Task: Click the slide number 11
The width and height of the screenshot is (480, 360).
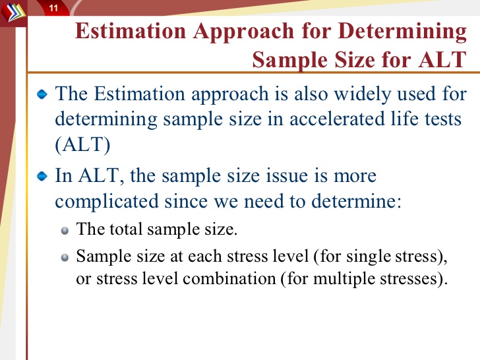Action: (x=53, y=8)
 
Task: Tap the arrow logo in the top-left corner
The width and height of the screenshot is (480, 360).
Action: (x=13, y=12)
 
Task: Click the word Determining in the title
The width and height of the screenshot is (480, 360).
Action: (x=403, y=32)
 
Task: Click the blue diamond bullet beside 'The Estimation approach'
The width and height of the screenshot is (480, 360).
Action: (x=42, y=94)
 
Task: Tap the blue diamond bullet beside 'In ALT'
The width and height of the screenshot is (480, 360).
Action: (x=42, y=177)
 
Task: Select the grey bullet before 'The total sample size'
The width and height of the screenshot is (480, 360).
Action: (x=65, y=231)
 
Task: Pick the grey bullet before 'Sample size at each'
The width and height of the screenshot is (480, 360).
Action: (x=65, y=257)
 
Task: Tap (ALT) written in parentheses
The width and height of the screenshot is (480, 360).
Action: (x=82, y=144)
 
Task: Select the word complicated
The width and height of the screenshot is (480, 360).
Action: (x=107, y=202)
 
